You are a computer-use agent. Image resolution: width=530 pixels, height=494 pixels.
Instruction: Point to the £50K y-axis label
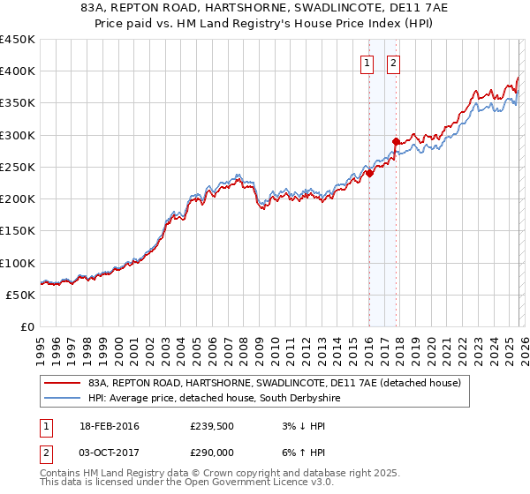click(20, 295)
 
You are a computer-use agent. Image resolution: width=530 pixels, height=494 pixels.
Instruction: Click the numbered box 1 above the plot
click(367, 63)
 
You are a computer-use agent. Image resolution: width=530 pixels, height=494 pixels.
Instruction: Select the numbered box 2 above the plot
click(392, 63)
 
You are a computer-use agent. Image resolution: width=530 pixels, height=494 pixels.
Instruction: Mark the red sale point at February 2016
click(369, 174)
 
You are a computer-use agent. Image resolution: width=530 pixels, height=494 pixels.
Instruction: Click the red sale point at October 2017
click(395, 141)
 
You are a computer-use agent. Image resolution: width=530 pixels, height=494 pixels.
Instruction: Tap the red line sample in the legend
click(62, 384)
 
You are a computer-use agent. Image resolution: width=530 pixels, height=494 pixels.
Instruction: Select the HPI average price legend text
click(214, 399)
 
